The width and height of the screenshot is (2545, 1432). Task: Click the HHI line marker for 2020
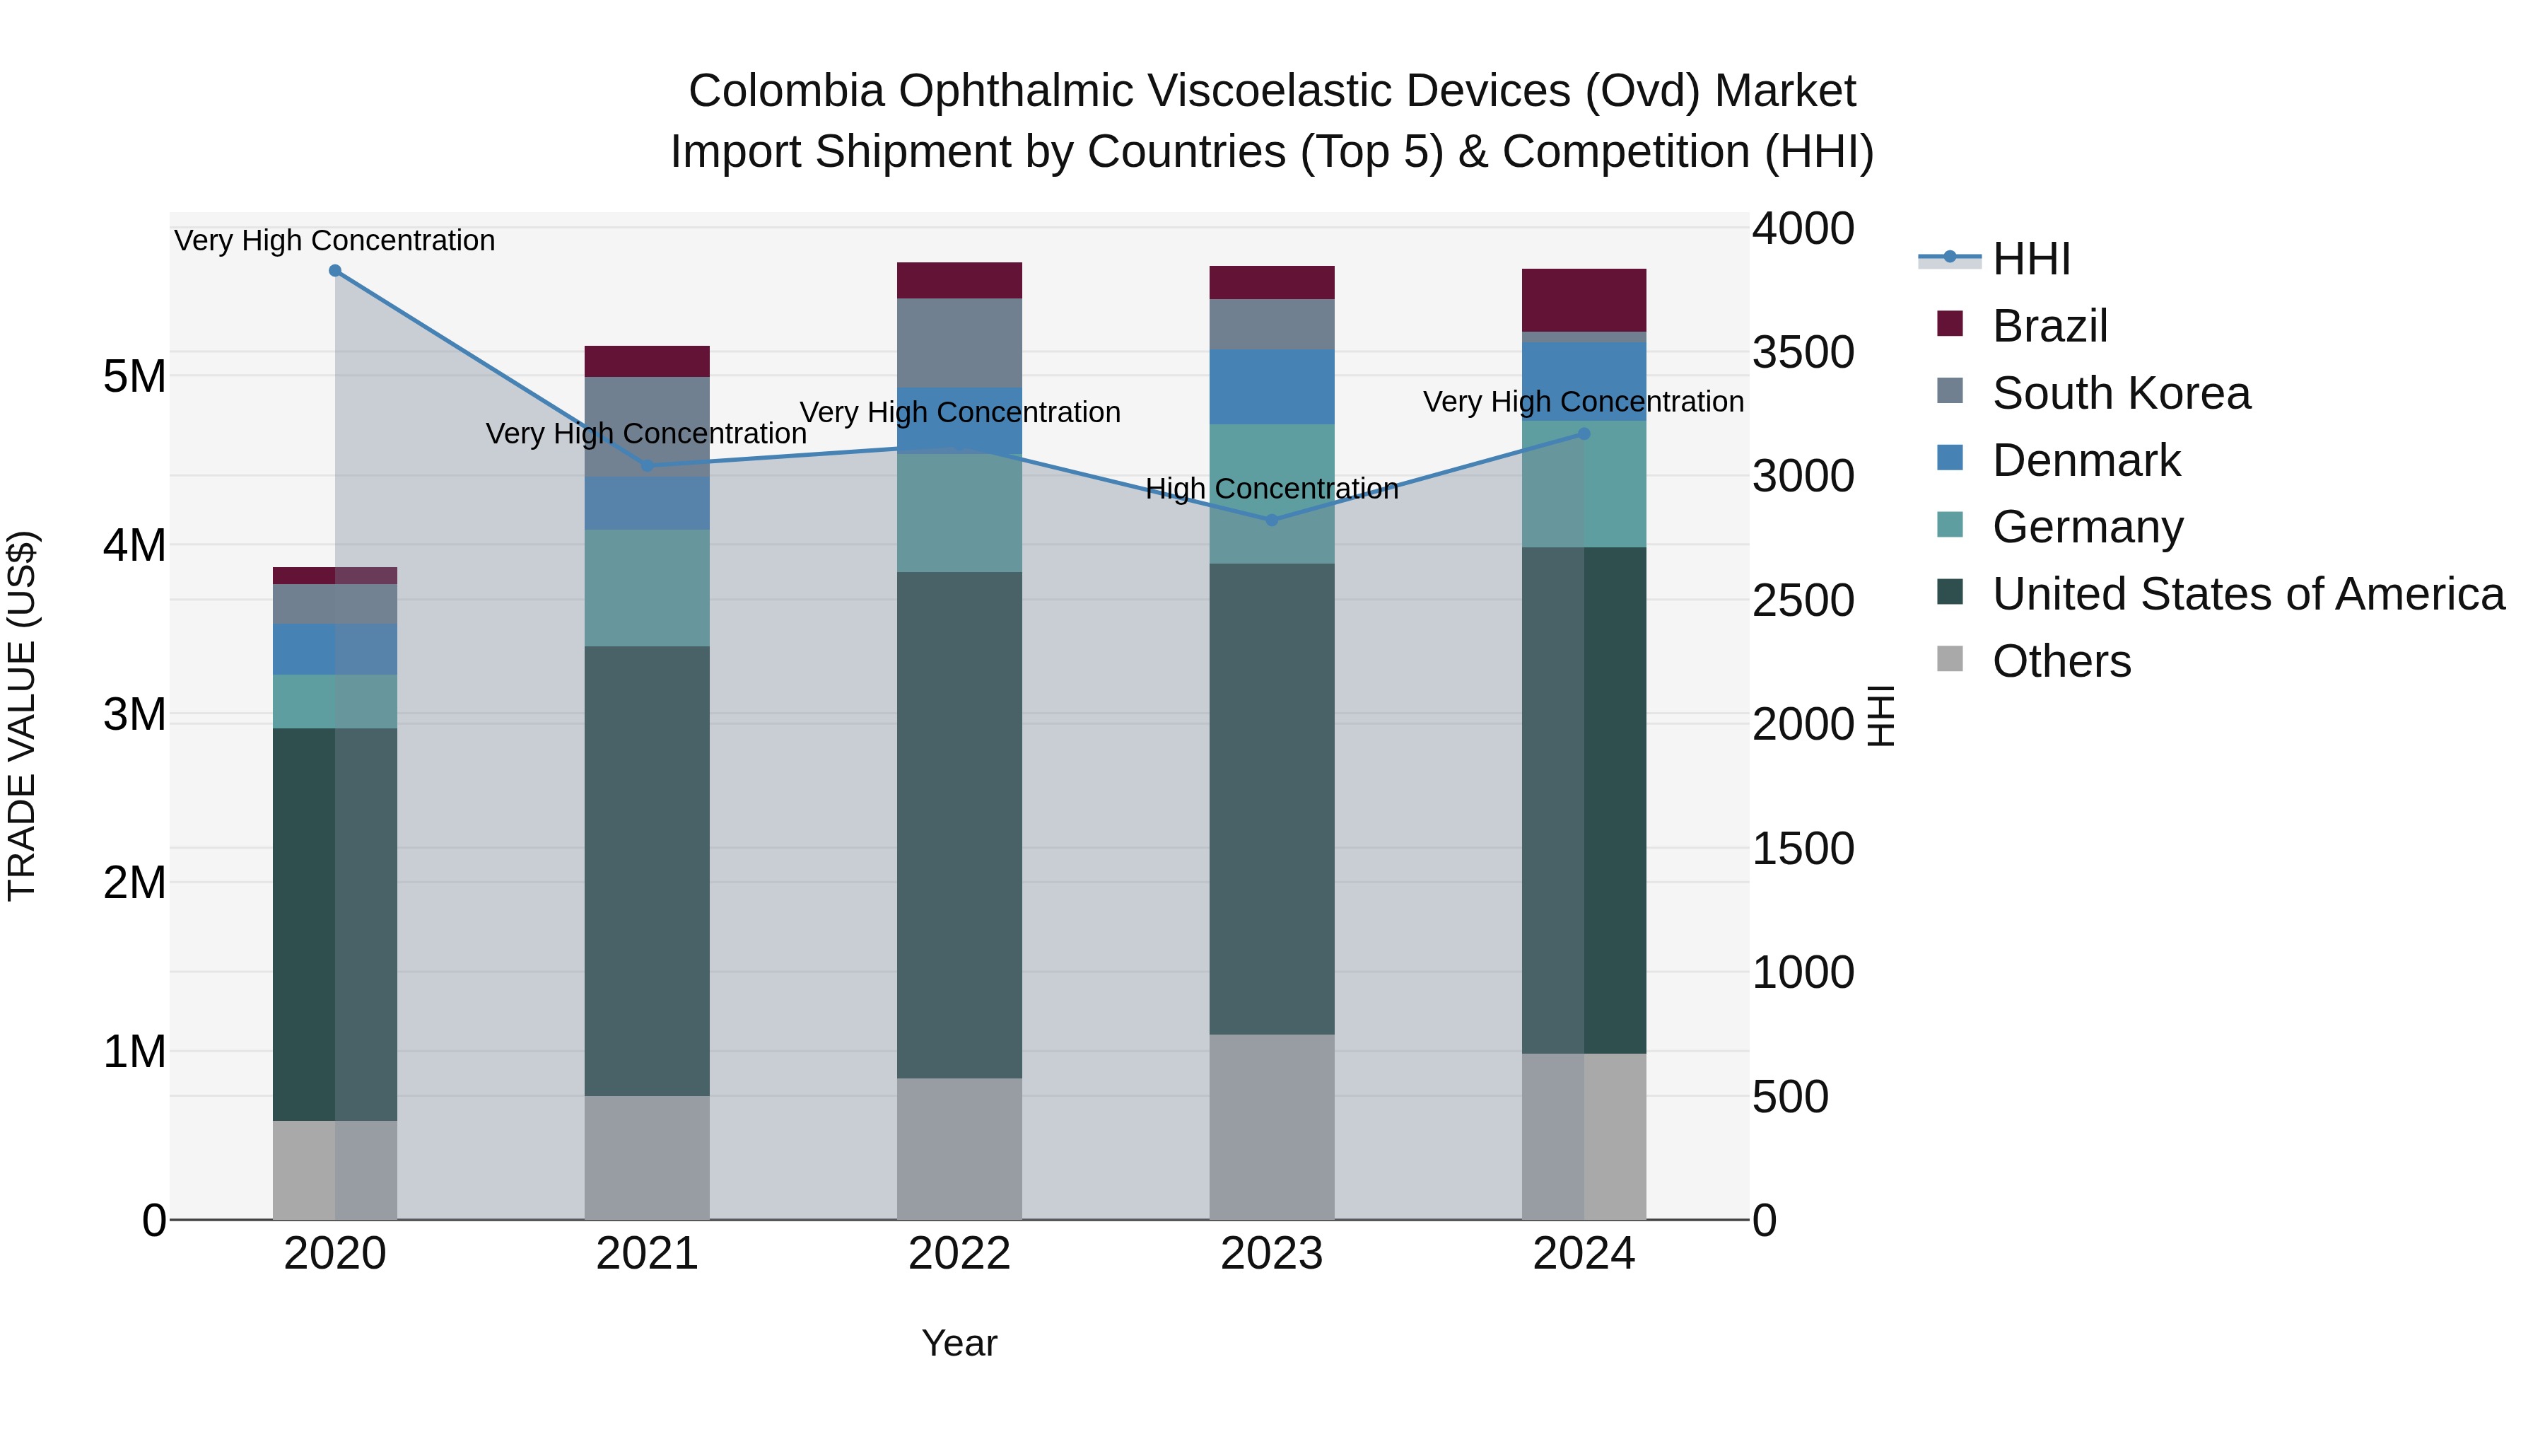pos(335,271)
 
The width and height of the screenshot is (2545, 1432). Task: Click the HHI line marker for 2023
pos(1272,520)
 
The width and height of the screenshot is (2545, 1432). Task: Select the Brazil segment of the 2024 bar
pos(1584,301)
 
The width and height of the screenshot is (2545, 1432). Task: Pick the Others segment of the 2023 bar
pos(1272,1127)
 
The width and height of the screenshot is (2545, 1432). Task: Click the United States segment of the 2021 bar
pos(647,870)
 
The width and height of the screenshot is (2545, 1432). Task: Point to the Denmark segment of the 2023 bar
pos(1272,386)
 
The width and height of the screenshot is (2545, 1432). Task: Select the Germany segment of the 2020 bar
pos(335,702)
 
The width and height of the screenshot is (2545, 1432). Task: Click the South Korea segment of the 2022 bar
pos(959,342)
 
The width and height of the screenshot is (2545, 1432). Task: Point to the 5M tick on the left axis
pos(134,376)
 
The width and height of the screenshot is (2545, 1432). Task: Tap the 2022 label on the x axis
pos(959,1254)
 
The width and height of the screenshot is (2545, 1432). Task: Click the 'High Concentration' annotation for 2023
pos(1272,488)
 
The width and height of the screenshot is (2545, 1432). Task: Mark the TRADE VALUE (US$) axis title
pos(22,716)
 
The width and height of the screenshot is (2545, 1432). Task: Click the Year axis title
pos(959,1343)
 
